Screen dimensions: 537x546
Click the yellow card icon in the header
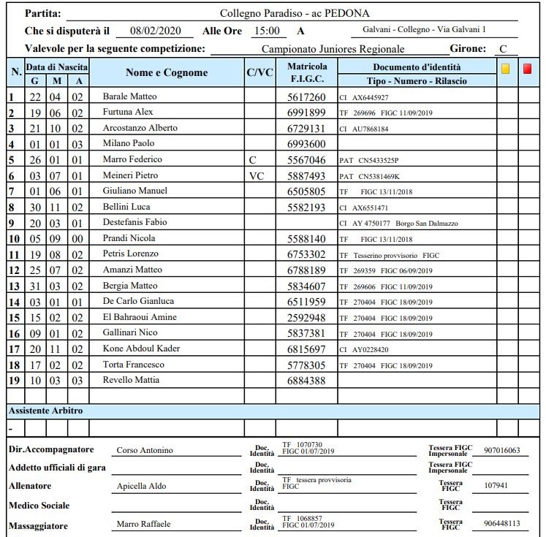[x=505, y=69]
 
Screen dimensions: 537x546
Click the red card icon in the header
[x=527, y=69]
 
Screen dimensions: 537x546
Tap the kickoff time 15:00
[x=265, y=31]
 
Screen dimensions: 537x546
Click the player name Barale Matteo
[x=129, y=96]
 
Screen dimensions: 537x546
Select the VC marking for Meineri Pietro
[x=256, y=175]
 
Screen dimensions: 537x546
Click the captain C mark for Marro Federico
[x=252, y=159]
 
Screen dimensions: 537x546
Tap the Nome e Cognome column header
[x=167, y=73]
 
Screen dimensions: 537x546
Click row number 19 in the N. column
[x=12, y=380]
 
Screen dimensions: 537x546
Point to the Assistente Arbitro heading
[x=45, y=411]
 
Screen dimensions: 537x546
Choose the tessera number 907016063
[x=501, y=450]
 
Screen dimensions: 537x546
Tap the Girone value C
[x=503, y=49]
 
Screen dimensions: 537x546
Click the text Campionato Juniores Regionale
[x=333, y=49]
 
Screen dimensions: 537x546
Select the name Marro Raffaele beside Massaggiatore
[x=143, y=524]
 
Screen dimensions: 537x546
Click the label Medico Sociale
[x=39, y=506]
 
